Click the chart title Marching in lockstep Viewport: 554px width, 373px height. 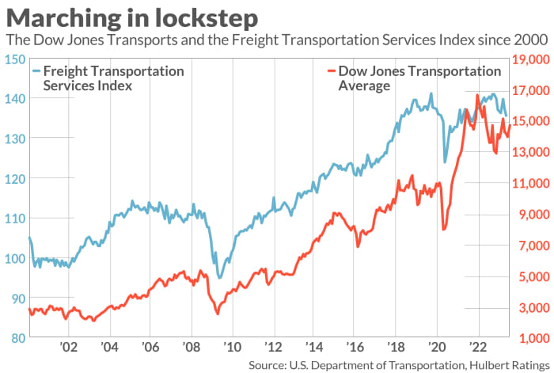coord(132,17)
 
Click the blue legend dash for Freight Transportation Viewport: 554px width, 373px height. coord(36,71)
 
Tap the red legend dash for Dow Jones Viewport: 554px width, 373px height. coord(331,71)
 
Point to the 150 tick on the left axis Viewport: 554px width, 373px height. coord(16,59)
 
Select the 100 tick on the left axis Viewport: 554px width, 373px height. coord(16,258)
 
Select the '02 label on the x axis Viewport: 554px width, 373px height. coord(68,347)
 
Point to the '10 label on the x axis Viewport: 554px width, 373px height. coord(232,347)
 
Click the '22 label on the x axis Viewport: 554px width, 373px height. coord(478,347)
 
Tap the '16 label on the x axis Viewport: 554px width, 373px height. coord(355,347)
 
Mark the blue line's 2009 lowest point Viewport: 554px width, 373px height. coord(219,278)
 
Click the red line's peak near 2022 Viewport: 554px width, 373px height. coord(477,95)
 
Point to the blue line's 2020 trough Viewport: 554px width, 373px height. coord(445,162)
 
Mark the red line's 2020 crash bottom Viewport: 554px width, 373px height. coord(444,230)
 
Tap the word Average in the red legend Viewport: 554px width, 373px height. coord(364,86)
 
